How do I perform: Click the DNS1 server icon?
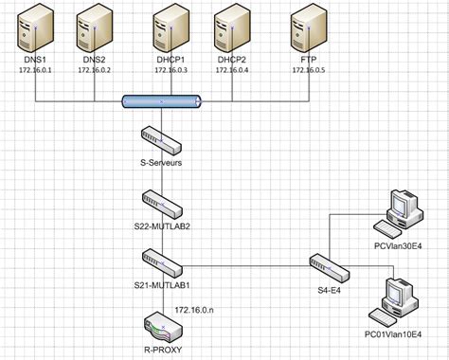(36, 28)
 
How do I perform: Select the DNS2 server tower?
(96, 28)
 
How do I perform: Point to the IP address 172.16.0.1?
(34, 70)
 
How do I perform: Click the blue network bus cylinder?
(162, 100)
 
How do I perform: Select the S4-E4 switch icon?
(323, 264)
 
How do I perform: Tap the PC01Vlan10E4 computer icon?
(395, 299)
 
